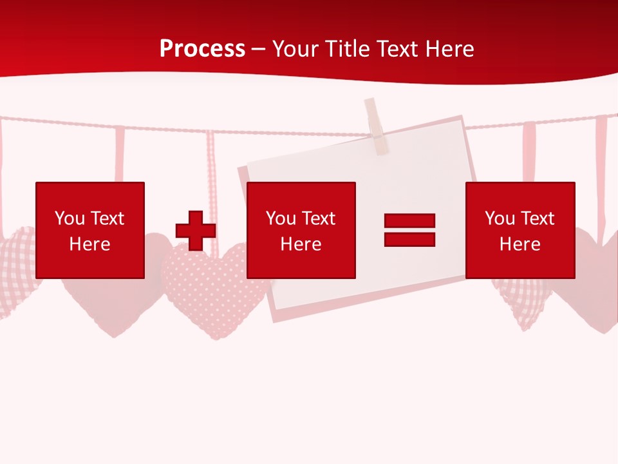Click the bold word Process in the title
coord(202,49)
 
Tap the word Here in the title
coord(445,49)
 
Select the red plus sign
coord(196,231)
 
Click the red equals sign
coord(409,230)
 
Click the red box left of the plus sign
coord(90,230)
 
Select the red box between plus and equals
coord(301,230)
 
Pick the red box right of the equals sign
coord(520,230)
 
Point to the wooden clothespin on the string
coord(377,126)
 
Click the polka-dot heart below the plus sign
coord(206,290)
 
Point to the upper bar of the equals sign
coord(409,221)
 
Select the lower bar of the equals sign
coord(409,239)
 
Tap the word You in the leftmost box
coord(70,218)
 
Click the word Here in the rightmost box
coord(520,244)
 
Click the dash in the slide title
coord(259,50)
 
